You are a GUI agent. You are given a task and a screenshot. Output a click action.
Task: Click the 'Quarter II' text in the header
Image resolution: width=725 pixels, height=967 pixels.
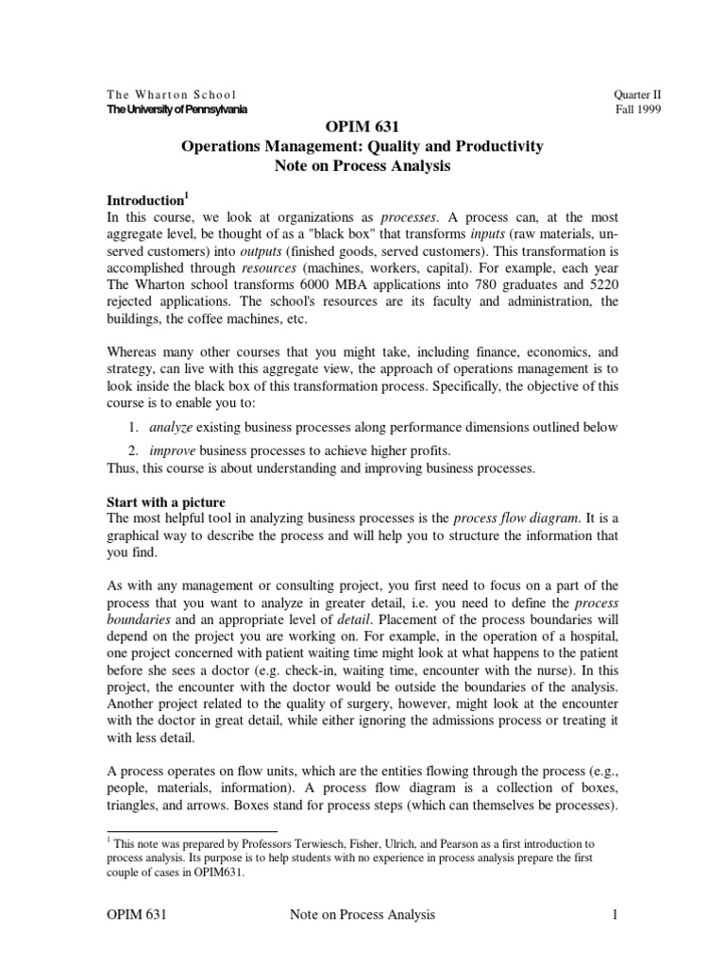click(636, 94)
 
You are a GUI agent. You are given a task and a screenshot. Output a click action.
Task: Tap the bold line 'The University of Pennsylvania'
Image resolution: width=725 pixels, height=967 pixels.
click(177, 110)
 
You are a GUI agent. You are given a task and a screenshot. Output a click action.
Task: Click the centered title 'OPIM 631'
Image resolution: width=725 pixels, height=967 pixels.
click(362, 127)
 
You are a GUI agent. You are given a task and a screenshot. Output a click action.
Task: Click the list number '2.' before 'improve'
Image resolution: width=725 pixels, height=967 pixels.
click(134, 450)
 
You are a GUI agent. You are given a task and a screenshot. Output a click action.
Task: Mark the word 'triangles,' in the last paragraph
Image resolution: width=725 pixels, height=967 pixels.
click(142, 789)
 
